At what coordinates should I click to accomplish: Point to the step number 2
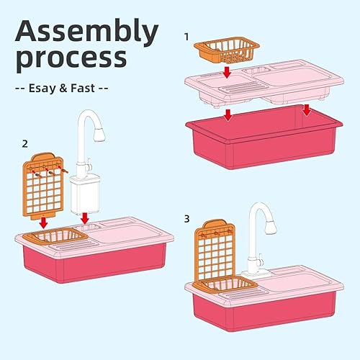coord(25,143)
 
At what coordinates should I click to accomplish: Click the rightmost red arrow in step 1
coord(307,110)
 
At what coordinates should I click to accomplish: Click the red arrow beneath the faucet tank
coord(86,217)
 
